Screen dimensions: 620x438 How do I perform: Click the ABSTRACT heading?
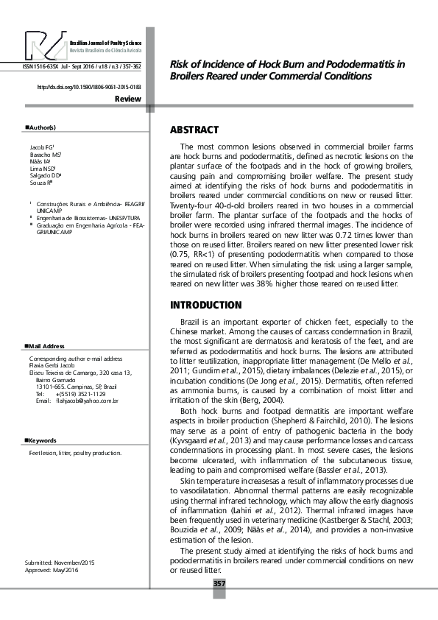(x=194, y=130)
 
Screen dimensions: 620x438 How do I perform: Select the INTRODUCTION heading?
(x=206, y=305)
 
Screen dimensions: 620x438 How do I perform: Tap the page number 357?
(x=219, y=584)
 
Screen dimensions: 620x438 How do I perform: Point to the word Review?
(x=128, y=98)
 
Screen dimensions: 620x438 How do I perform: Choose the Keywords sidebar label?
(x=43, y=440)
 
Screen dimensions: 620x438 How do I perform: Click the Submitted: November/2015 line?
(x=60, y=563)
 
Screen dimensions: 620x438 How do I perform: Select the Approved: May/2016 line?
(x=52, y=571)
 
